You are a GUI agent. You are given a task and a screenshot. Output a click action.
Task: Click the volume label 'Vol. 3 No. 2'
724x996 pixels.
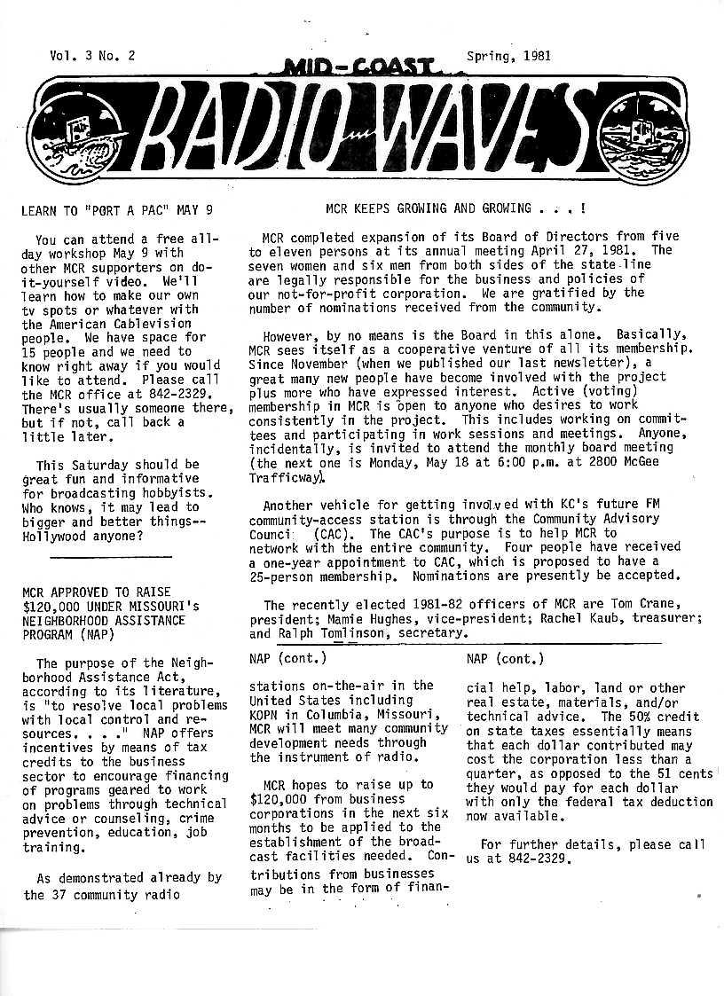pos(92,55)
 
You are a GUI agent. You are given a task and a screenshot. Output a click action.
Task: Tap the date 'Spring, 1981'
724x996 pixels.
pos(508,55)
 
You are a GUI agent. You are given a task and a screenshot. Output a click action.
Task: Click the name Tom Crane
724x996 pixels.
pos(638,605)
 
